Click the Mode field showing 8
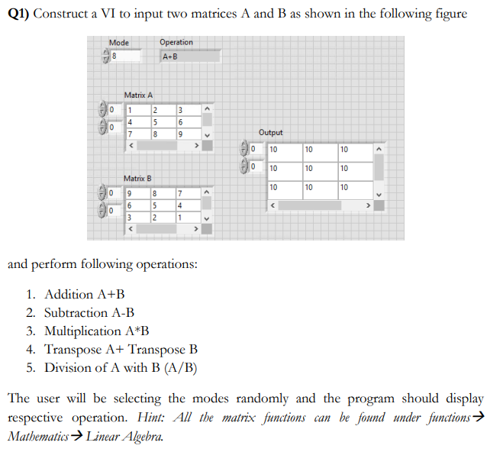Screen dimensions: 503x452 tap(126, 56)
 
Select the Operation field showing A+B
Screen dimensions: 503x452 tap(189, 56)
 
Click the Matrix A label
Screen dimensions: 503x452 tap(139, 95)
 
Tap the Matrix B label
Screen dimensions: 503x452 tap(139, 178)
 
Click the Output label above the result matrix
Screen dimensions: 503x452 tap(271, 132)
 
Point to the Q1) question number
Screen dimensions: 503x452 tap(18, 15)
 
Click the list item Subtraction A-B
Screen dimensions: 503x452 tap(89, 312)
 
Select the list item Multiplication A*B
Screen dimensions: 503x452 tap(97, 331)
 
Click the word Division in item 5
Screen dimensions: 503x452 tap(69, 368)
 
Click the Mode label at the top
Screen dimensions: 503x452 tap(119, 42)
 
